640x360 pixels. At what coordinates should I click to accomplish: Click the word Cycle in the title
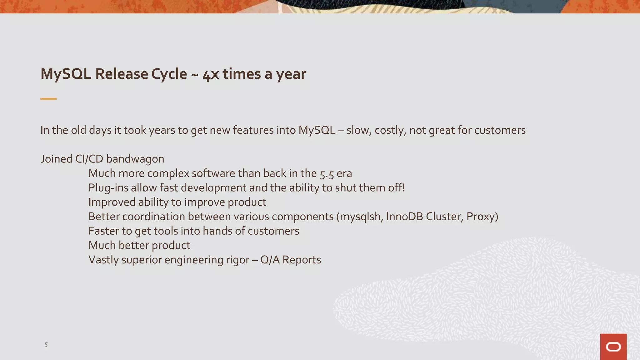click(169, 74)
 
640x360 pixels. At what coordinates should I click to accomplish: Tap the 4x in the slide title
click(211, 74)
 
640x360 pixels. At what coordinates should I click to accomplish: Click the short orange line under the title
click(48, 99)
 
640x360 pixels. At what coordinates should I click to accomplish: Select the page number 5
click(46, 345)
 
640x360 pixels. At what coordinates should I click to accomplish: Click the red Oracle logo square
click(613, 347)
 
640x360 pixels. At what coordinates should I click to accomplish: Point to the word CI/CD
click(89, 159)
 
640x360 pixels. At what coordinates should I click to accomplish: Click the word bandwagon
click(135, 159)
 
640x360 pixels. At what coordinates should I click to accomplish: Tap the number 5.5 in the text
click(327, 174)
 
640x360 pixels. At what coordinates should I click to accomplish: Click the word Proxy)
click(482, 217)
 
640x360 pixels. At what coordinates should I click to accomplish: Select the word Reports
click(302, 260)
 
